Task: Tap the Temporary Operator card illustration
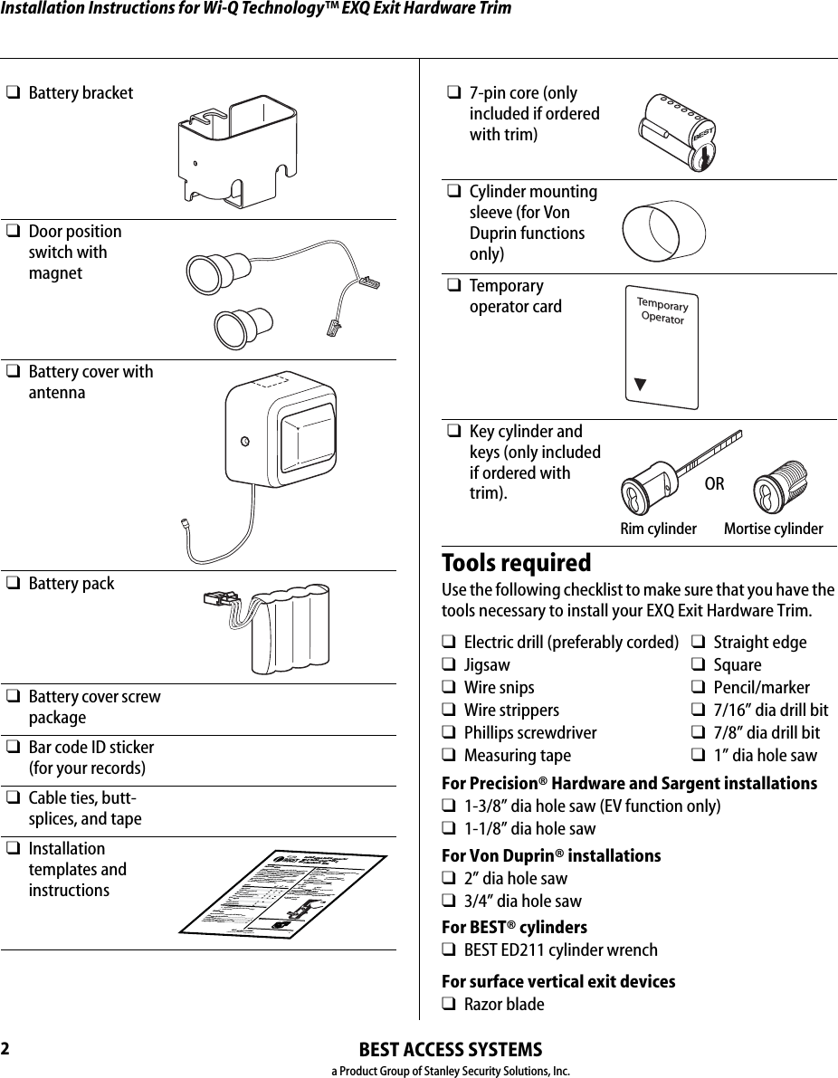click(662, 347)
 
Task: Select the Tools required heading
click(516, 563)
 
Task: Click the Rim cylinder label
click(658, 529)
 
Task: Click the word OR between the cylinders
click(714, 484)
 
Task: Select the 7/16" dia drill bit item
click(770, 711)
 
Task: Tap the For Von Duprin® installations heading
click(550, 855)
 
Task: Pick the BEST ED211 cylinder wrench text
click(560, 950)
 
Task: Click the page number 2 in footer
click(6, 1049)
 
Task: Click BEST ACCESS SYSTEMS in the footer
click(451, 1050)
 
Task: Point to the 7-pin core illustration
click(676, 131)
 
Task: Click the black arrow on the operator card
click(640, 382)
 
